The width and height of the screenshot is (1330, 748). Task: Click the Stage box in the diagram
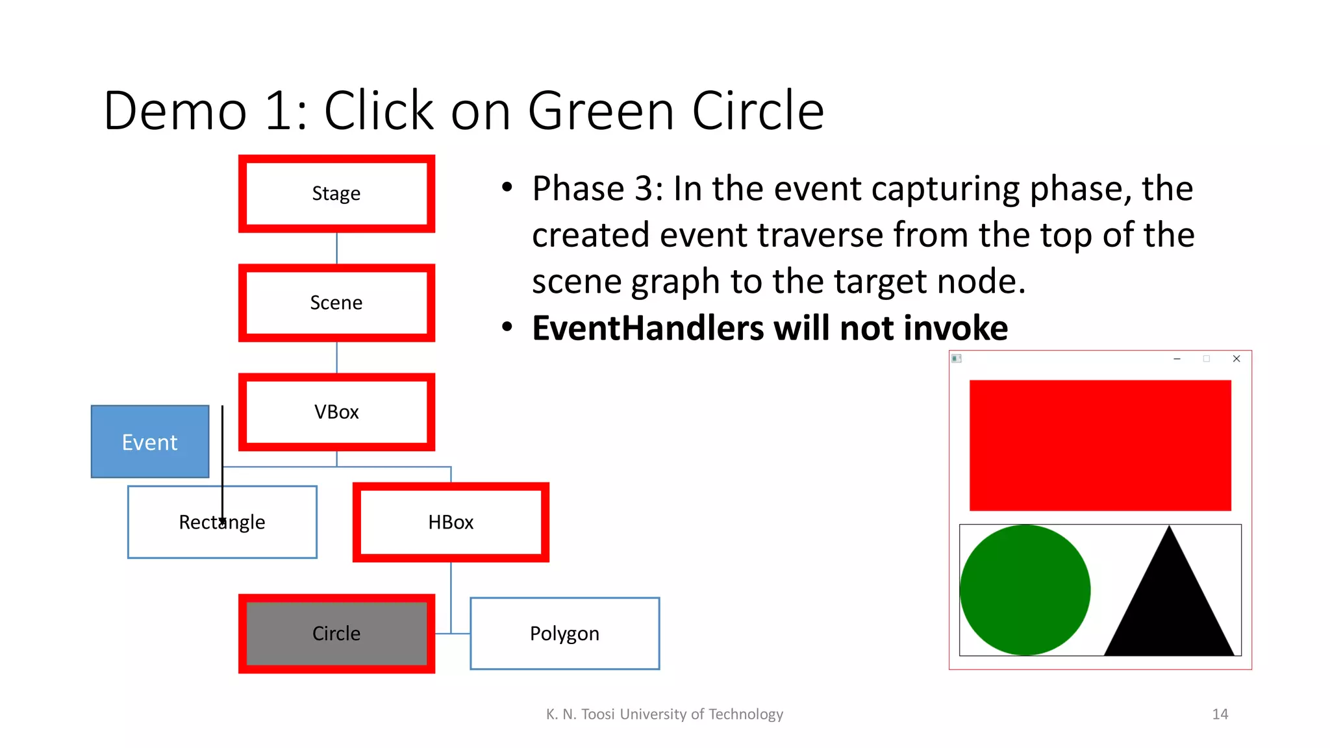[x=336, y=193]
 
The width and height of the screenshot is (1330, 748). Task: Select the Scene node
[x=336, y=303]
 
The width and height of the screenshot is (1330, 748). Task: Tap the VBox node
[x=336, y=412]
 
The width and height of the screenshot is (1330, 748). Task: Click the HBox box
[x=451, y=522]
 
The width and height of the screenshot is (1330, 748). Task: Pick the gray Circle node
[x=336, y=633]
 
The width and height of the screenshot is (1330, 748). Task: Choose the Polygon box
[x=564, y=633]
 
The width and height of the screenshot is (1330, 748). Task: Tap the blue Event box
[x=150, y=442]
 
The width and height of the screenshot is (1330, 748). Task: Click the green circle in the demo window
[x=1025, y=590]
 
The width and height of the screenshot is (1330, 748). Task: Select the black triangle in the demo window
[x=1169, y=604]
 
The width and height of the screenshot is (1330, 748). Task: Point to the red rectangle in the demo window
[x=1100, y=445]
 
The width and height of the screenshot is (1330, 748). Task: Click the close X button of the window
[x=1236, y=358]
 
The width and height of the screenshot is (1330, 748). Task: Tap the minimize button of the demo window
[x=1177, y=358]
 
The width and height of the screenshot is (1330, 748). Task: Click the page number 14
[x=1220, y=714]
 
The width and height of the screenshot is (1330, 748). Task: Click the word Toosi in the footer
[x=597, y=714]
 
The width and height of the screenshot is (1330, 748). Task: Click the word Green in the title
[x=601, y=110]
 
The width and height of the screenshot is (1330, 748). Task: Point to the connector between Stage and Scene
[x=336, y=248]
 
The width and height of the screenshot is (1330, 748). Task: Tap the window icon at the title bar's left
[x=957, y=358]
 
